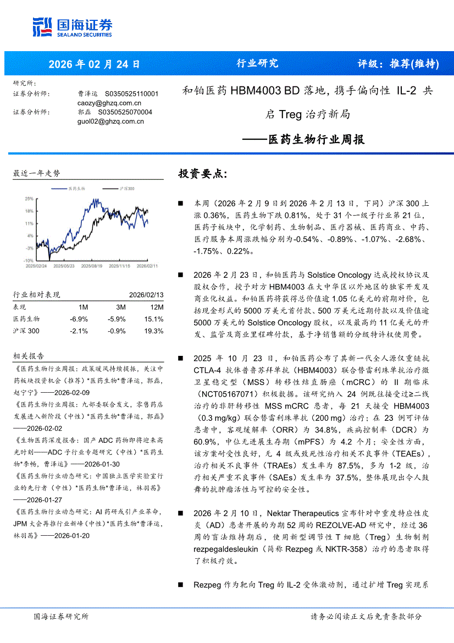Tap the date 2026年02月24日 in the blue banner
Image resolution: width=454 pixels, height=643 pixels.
tap(94, 64)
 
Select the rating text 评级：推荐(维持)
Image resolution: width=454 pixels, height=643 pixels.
tap(398, 64)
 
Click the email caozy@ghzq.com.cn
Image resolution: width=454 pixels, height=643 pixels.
tap(109, 103)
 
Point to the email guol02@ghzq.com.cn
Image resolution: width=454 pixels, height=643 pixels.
tap(110, 121)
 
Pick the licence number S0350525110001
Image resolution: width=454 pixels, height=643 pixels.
tap(131, 94)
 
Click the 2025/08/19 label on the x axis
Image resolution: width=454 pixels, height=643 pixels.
tap(91, 266)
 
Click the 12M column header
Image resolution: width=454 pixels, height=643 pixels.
tap(157, 307)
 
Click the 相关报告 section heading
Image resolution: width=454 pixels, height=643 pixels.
tap(29, 356)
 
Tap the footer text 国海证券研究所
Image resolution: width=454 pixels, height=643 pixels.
tap(60, 617)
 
